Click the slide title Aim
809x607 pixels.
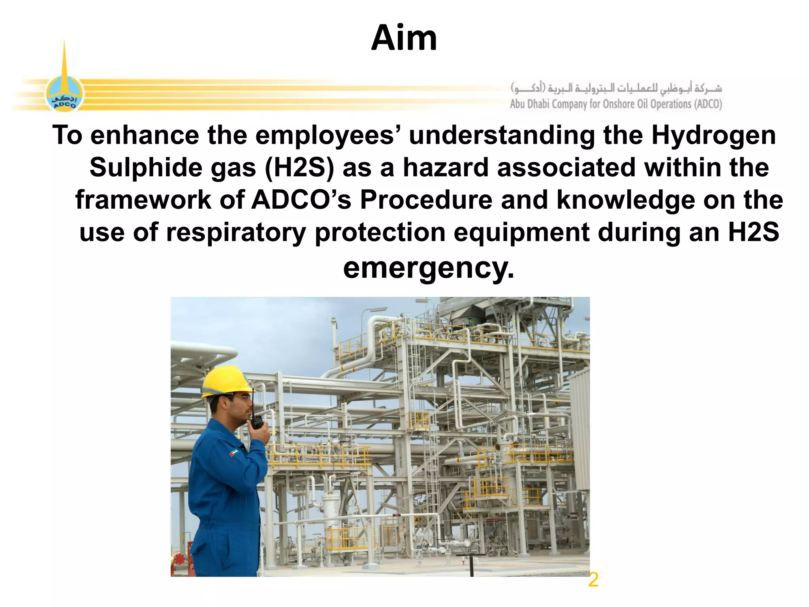404,38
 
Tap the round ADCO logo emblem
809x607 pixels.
64,94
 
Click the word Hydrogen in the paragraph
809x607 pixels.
713,136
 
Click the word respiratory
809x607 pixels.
236,232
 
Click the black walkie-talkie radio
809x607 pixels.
257,422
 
